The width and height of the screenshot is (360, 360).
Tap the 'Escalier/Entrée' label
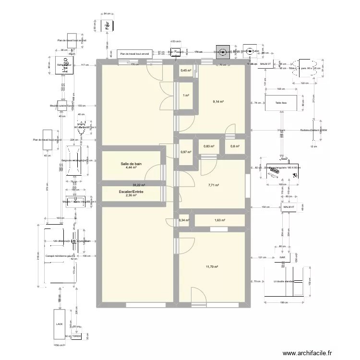point(131,192)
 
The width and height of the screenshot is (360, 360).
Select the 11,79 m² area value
point(211,267)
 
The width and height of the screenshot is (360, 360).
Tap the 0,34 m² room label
point(183,220)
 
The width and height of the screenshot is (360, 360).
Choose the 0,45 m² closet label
point(185,71)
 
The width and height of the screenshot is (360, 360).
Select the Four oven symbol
point(107,24)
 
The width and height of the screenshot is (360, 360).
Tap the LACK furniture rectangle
point(60,324)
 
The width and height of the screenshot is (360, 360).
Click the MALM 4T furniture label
point(289,207)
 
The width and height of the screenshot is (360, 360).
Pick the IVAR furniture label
point(282,257)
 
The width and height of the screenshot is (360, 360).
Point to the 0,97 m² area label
point(185,153)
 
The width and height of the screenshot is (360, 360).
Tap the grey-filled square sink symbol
point(222,52)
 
